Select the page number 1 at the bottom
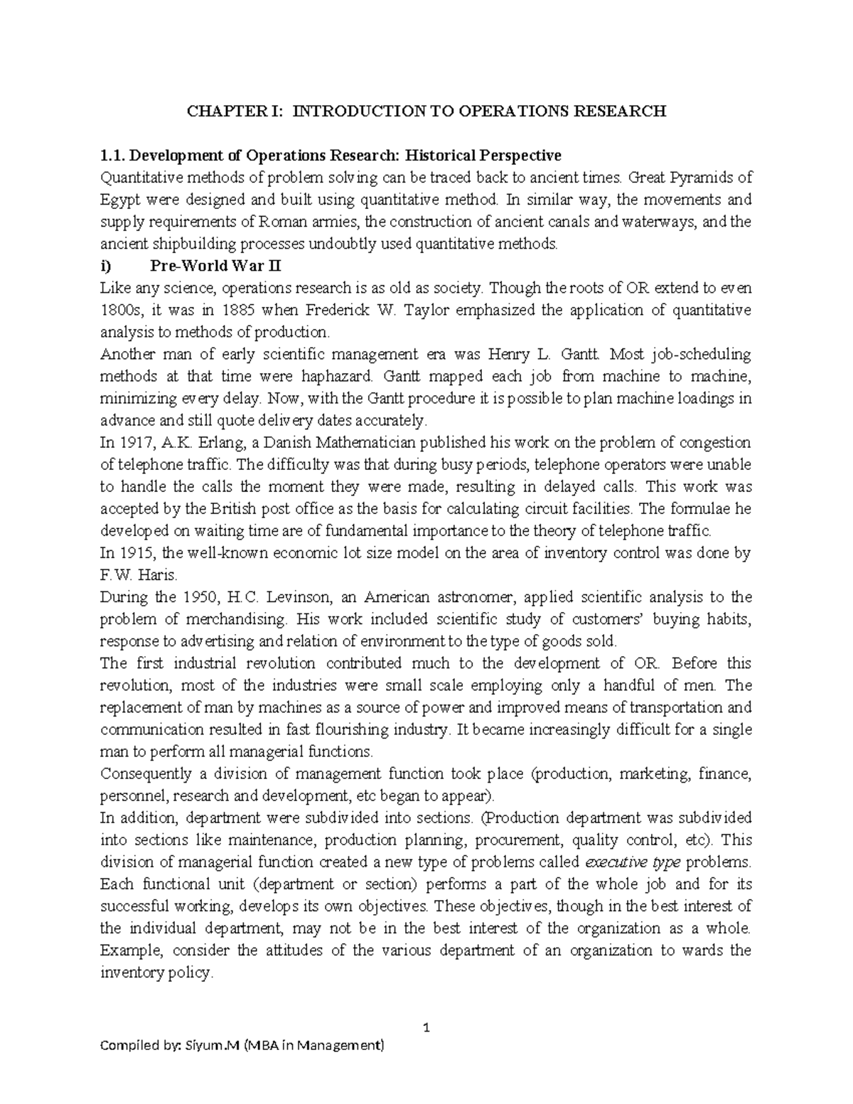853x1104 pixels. pos(426,1028)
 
